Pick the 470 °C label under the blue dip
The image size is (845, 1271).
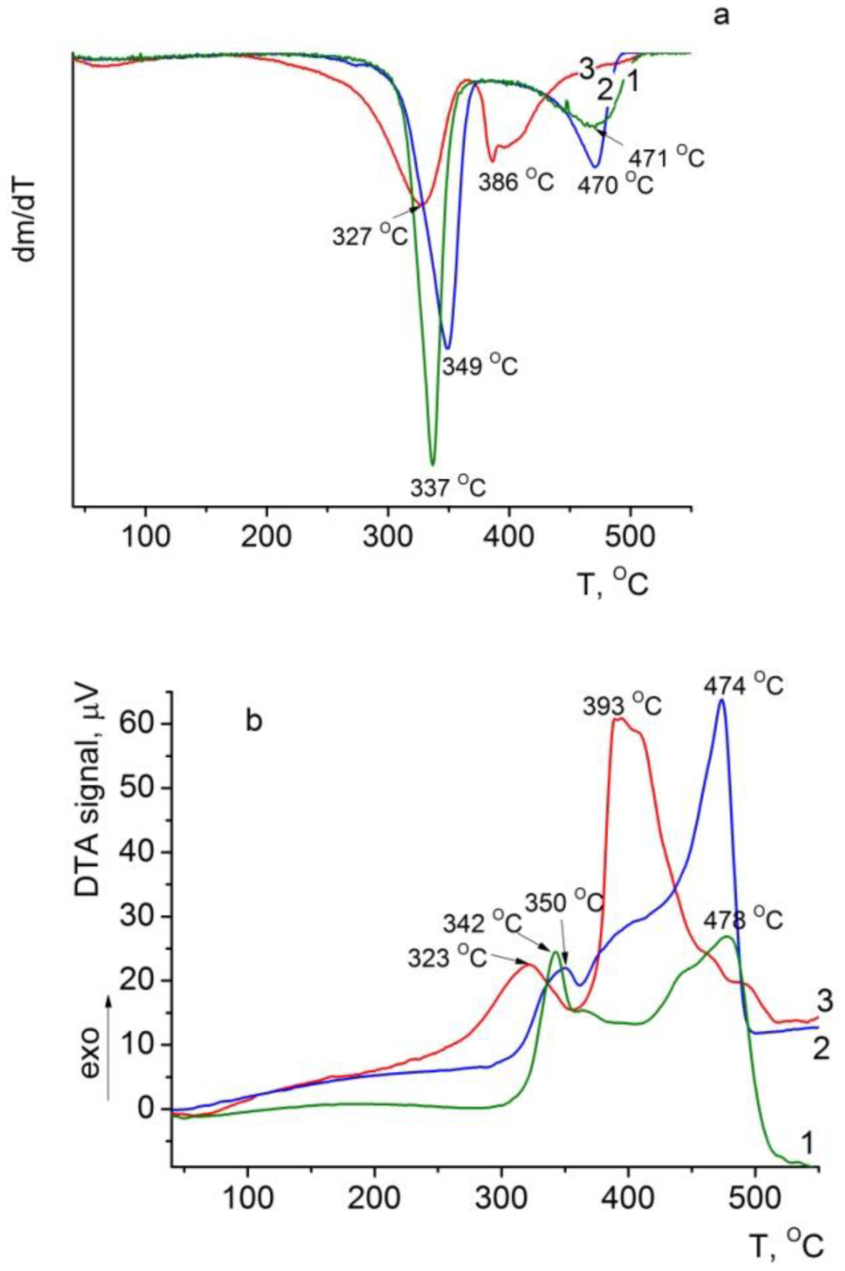[x=615, y=185]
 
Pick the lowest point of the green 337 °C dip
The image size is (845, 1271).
[x=432, y=464]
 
